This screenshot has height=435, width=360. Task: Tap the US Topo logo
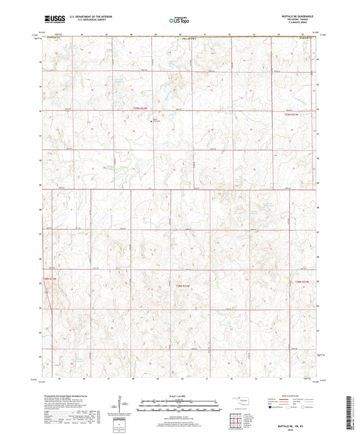pyautogui.click(x=179, y=21)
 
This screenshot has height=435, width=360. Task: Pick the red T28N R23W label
pyautogui.click(x=53, y=278)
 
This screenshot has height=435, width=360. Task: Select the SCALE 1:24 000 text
pyautogui.click(x=179, y=395)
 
